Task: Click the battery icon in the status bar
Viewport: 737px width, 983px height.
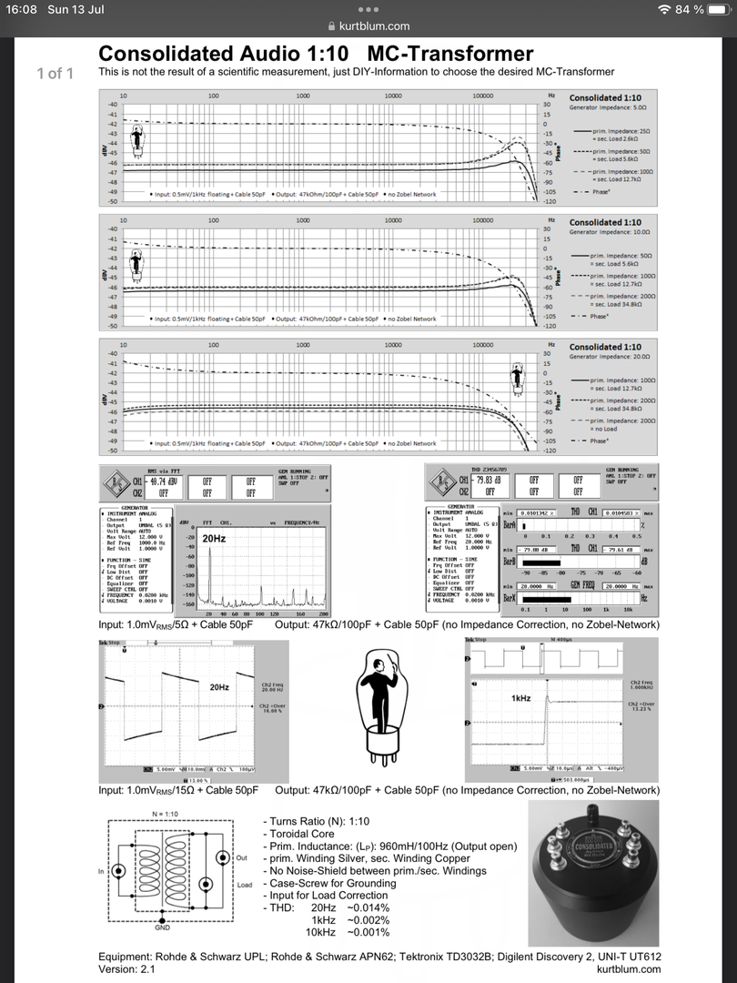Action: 716,9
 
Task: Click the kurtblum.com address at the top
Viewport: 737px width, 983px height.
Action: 374,26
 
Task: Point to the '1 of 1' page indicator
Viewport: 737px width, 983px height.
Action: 55,73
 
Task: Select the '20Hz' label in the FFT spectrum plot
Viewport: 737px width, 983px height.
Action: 215,539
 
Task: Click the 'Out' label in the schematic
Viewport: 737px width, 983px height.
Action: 242,857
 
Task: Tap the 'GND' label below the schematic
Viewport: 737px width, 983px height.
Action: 162,927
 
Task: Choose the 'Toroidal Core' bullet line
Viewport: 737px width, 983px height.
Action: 300,834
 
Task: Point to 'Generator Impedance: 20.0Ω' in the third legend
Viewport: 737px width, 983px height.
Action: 607,357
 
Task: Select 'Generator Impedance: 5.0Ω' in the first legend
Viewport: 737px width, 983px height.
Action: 607,107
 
